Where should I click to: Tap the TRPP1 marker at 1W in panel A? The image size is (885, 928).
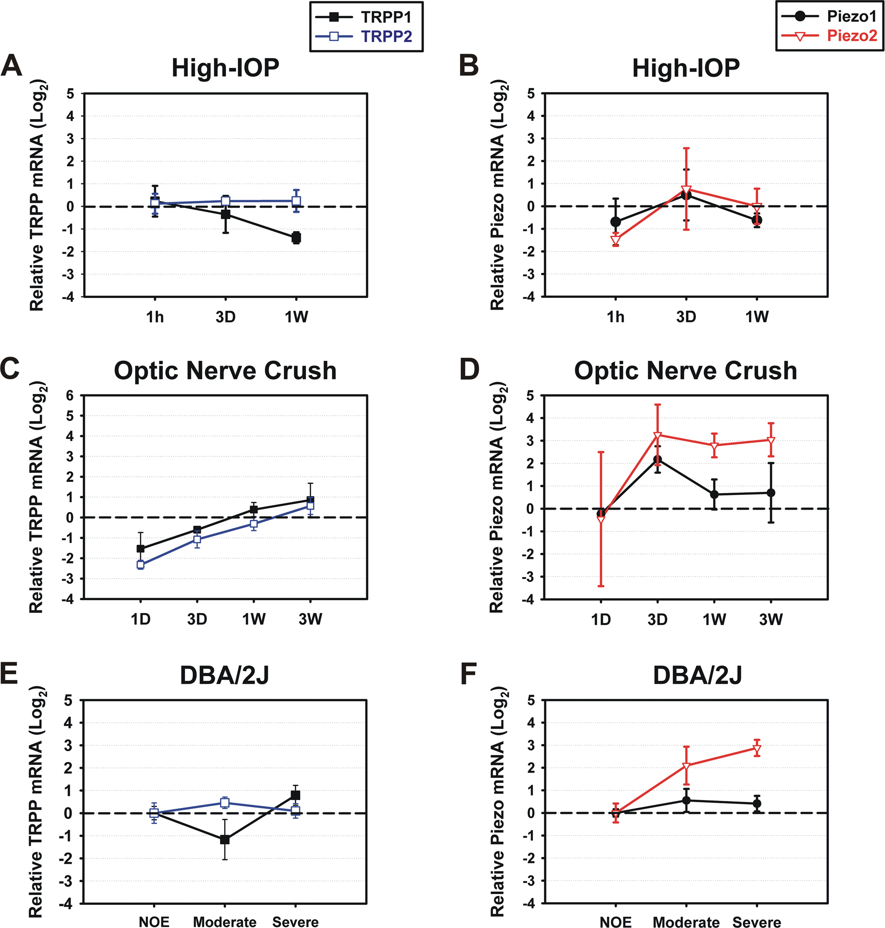[296, 237]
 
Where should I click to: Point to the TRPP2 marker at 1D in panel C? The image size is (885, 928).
[141, 564]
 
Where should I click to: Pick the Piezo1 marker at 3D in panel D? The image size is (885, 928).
[657, 460]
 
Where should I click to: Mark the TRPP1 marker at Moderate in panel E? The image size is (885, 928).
[225, 840]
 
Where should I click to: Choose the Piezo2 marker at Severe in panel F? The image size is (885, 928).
[756, 749]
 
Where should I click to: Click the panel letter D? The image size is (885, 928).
[469, 369]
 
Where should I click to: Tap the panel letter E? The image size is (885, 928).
[9, 673]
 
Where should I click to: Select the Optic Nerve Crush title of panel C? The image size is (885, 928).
[225, 371]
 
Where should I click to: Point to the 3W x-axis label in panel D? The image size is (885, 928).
[771, 619]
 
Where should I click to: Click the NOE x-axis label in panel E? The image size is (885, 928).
[154, 922]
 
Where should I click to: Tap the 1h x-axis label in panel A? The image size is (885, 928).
[155, 317]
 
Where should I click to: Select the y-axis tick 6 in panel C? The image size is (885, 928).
[70, 396]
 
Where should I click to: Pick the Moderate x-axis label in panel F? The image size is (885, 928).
[686, 922]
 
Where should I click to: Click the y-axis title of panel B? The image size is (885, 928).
[498, 195]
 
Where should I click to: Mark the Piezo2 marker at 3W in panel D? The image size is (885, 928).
[771, 440]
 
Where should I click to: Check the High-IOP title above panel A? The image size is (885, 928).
[225, 68]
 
